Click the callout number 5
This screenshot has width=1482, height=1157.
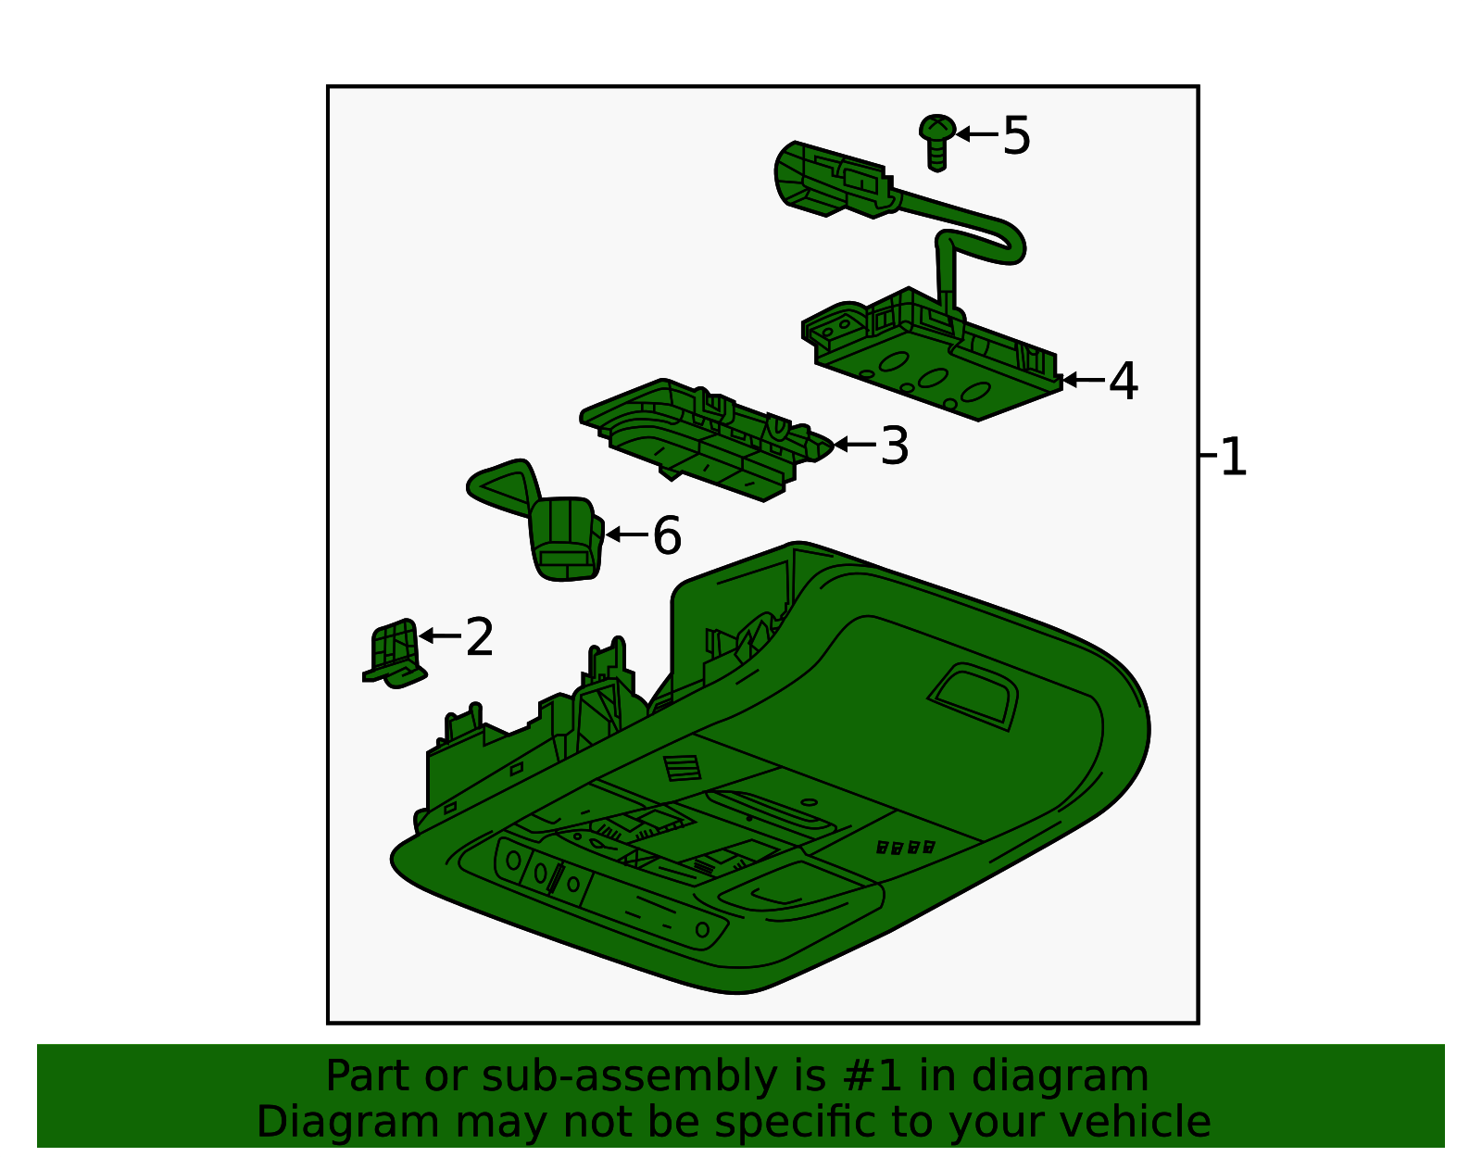pyautogui.click(x=1016, y=135)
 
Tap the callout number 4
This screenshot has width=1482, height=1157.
pyautogui.click(x=1124, y=381)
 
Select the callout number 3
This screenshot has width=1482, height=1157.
pyautogui.click(x=895, y=446)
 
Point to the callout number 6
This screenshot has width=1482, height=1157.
pyautogui.click(x=667, y=535)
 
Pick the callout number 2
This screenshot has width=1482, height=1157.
pyautogui.click(x=480, y=636)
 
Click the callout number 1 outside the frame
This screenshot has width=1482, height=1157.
pyautogui.click(x=1233, y=456)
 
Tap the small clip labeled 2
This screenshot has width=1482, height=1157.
pyautogui.click(x=395, y=653)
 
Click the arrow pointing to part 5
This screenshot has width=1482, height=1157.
pyautogui.click(x=977, y=134)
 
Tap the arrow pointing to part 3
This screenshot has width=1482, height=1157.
pyautogui.click(x=855, y=445)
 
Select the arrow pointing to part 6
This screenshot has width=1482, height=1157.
pyautogui.click(x=627, y=534)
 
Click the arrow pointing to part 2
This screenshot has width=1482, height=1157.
pyautogui.click(x=440, y=636)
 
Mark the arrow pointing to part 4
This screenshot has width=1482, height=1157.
pyautogui.click(x=1084, y=380)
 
